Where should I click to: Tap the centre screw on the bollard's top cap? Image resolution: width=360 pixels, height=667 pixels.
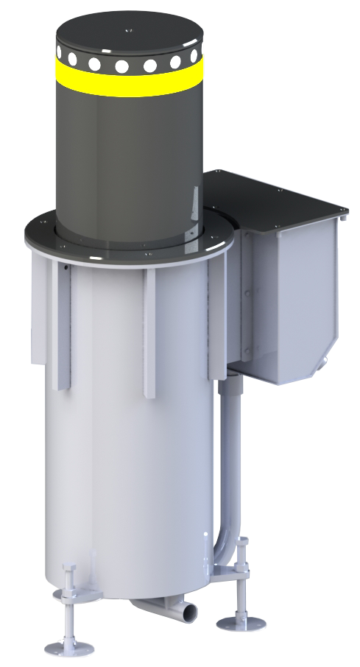[x=130, y=30]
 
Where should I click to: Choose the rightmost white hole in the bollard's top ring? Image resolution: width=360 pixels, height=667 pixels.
[x=194, y=58]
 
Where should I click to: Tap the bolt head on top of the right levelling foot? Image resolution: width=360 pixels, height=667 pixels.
[x=243, y=543]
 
